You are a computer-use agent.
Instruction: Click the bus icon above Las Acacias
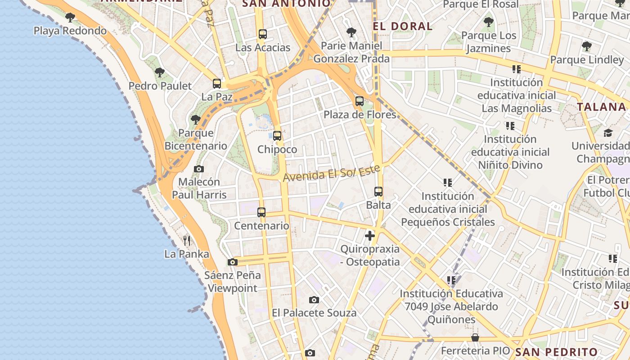263,34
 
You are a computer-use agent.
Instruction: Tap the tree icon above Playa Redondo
70,18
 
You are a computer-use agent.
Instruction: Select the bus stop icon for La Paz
217,83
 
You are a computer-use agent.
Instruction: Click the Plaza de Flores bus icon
359,101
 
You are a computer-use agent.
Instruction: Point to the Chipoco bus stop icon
277,136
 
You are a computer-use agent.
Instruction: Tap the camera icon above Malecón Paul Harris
199,169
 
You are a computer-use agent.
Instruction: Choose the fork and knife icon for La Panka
187,241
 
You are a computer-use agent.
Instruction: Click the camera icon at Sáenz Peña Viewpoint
233,262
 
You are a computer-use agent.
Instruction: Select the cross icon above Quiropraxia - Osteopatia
370,235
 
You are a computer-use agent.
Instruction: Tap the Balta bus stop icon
378,192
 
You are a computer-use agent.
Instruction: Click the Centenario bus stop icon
261,212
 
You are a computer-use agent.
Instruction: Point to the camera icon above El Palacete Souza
314,300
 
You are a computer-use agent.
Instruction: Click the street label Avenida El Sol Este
332,173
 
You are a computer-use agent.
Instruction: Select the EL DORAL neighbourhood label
403,26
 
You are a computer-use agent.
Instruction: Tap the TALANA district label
602,107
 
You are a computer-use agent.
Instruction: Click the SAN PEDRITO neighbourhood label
556,352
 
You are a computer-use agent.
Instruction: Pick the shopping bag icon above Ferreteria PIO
475,337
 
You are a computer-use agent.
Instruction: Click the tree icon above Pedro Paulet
160,72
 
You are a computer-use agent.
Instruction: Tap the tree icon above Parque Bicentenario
195,119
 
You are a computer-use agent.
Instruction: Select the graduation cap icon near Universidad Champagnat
608,133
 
